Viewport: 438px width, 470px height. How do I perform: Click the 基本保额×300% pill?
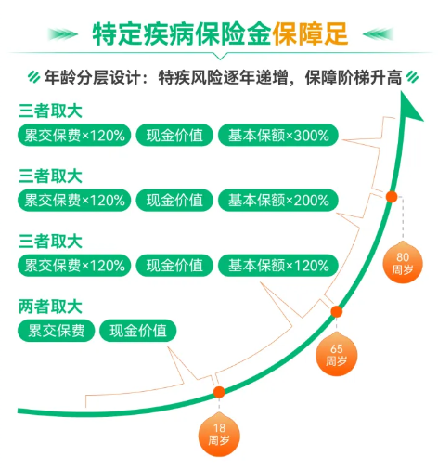(278, 136)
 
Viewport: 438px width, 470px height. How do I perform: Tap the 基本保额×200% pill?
(278, 201)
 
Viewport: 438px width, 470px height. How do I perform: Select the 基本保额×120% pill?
(278, 266)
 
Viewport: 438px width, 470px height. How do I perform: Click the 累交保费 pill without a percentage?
(56, 331)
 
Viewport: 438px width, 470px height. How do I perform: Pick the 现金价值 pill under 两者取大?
(138, 331)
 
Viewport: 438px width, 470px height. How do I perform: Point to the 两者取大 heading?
(50, 307)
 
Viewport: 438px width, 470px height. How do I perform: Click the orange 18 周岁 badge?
(219, 435)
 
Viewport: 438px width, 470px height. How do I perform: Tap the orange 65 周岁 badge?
(336, 355)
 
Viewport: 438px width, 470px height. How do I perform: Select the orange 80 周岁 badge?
(403, 263)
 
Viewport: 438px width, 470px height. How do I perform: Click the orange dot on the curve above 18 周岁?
(219, 392)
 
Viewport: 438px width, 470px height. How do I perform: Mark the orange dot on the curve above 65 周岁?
(337, 311)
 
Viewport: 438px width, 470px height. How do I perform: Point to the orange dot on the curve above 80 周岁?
(392, 197)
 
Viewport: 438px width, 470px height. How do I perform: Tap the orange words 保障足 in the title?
(310, 33)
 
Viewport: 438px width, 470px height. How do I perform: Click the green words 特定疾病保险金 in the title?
(182, 33)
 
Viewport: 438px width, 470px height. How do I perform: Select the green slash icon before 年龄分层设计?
(33, 77)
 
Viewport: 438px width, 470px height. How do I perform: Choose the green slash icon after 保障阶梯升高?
(412, 77)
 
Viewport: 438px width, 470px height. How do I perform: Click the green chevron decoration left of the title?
(63, 34)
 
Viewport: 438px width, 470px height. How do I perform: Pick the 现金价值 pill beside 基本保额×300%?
(174, 136)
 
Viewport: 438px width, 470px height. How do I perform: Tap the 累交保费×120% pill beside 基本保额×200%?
(74, 201)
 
